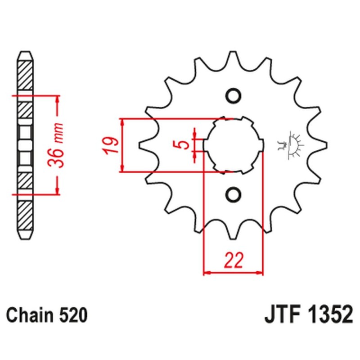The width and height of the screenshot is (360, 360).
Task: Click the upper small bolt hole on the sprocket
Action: (x=233, y=96)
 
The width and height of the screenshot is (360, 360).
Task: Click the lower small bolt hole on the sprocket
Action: (x=233, y=194)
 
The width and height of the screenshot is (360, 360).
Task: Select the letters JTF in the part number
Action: (x=278, y=315)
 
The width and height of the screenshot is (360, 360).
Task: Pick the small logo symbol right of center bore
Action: (x=290, y=145)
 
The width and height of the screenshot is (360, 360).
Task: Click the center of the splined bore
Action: (x=233, y=145)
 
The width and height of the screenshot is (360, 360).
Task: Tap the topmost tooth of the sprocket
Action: (x=233, y=56)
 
